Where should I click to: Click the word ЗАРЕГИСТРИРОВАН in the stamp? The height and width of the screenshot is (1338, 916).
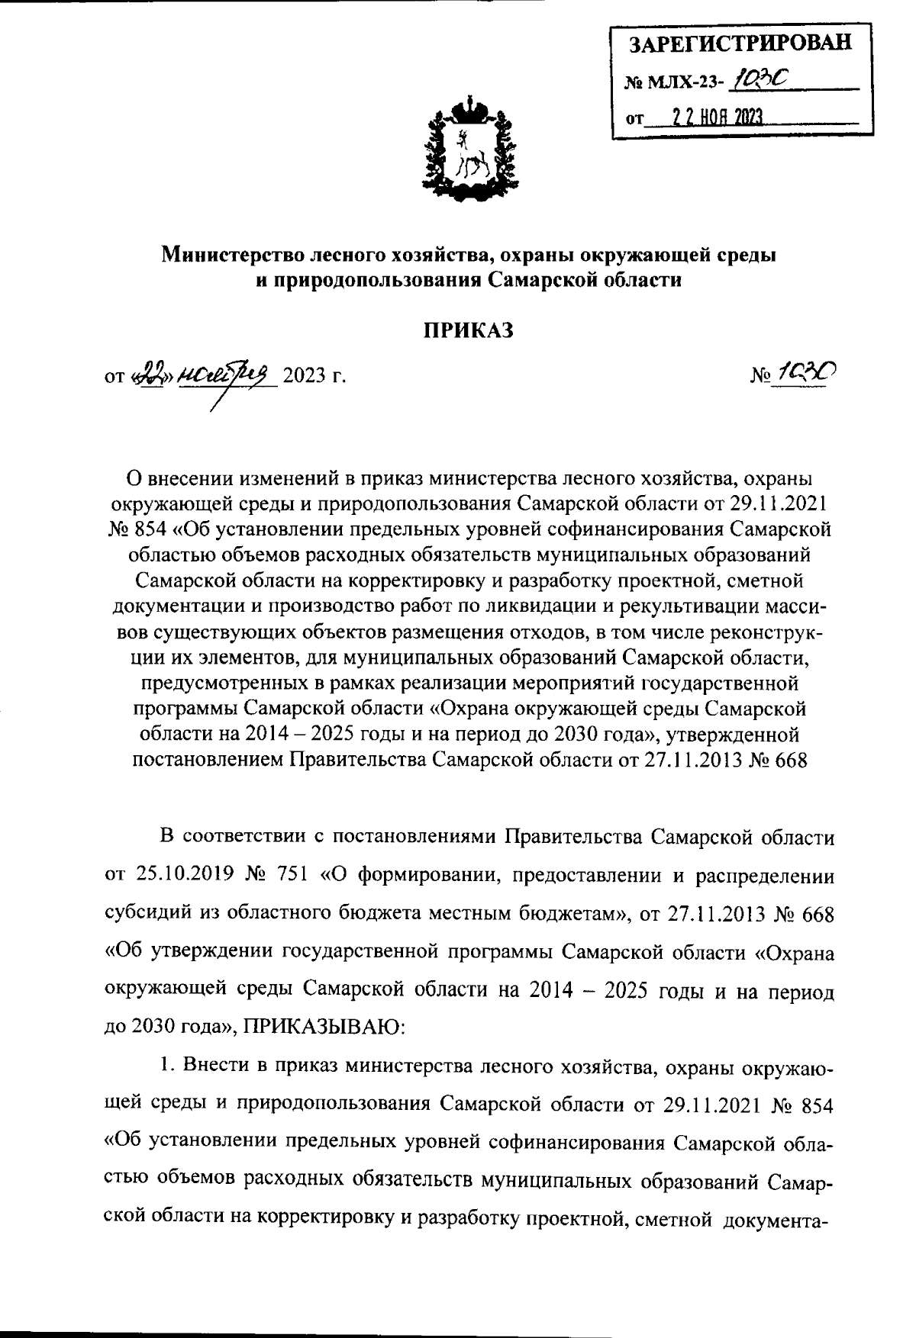(739, 43)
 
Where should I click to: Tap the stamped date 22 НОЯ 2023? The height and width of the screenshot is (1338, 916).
(717, 116)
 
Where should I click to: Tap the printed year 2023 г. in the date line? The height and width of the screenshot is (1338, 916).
(314, 376)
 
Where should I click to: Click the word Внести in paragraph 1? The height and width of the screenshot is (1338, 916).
(213, 1069)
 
